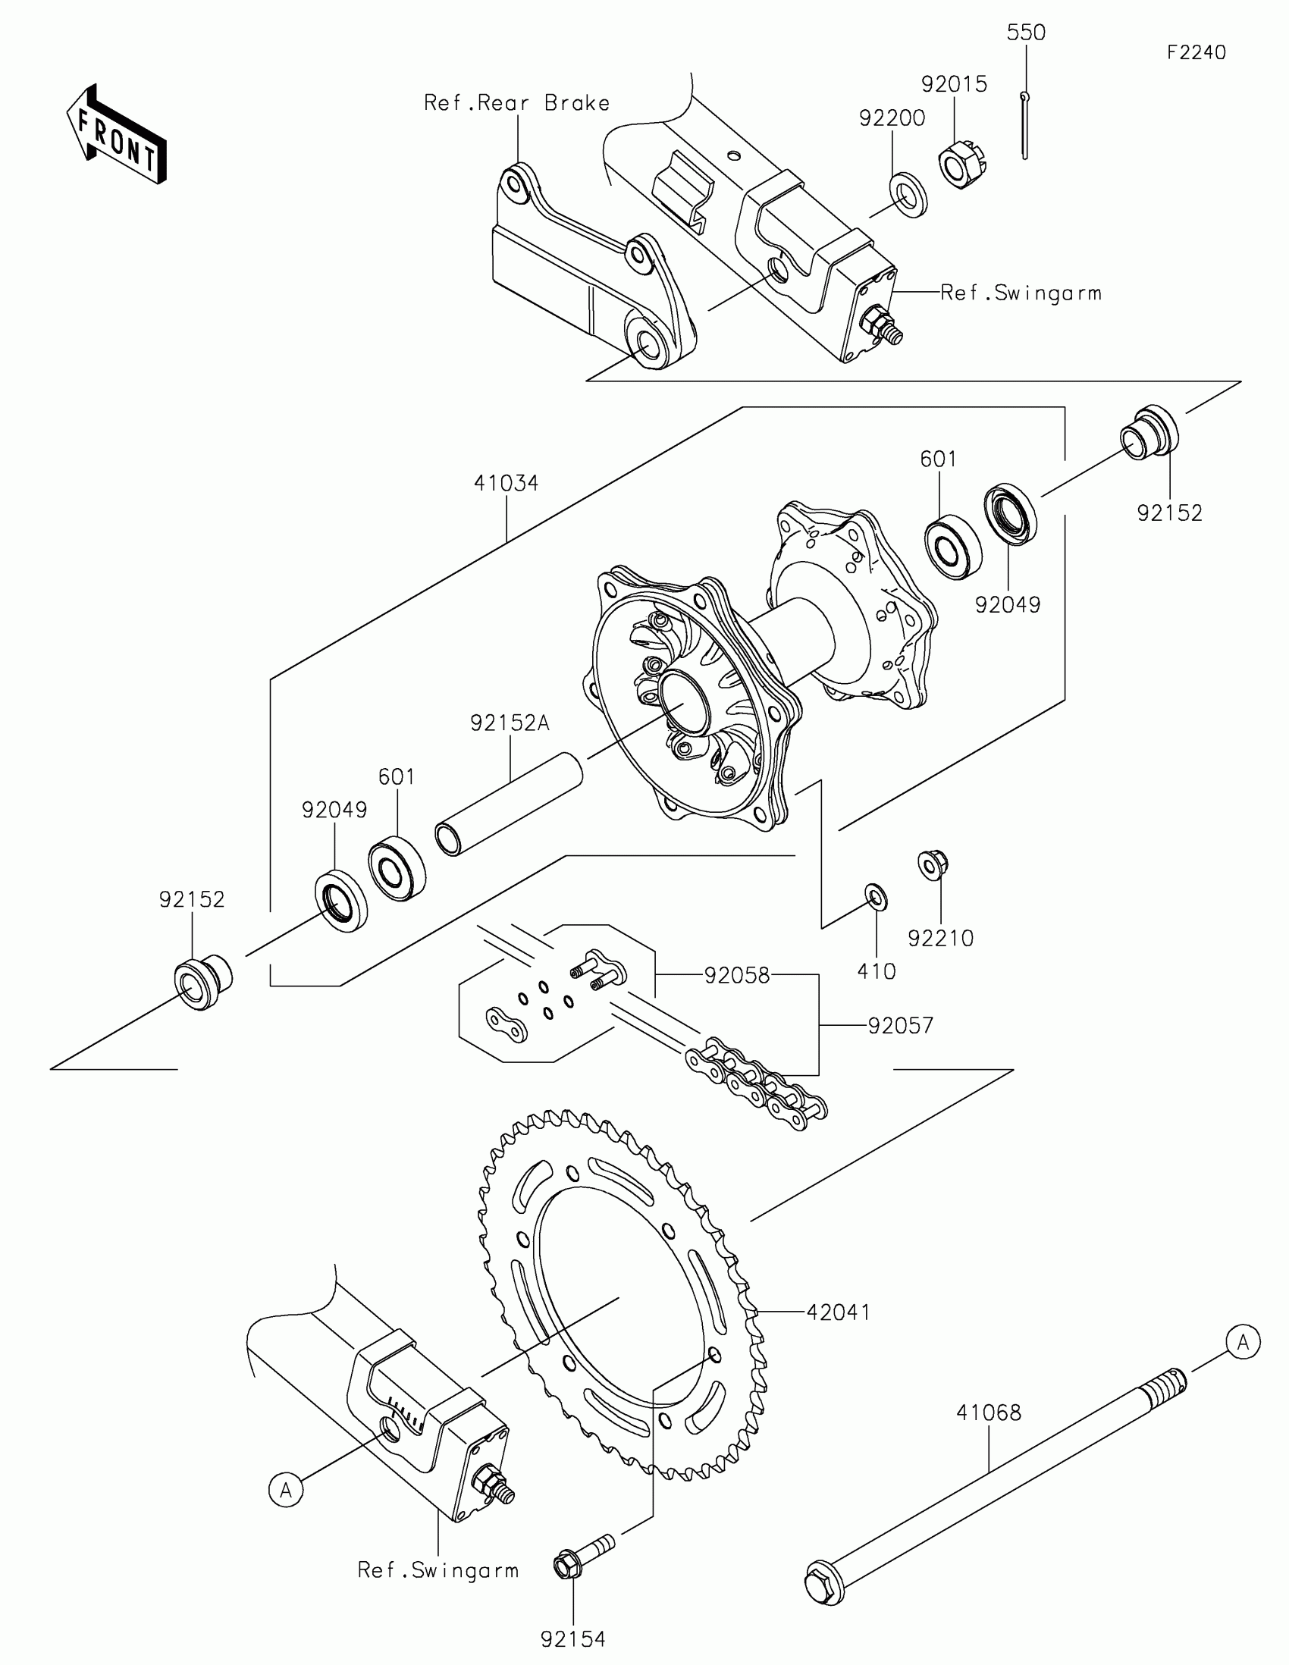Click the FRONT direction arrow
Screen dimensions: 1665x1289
116,134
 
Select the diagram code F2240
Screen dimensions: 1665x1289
1195,52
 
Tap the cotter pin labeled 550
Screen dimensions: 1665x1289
1024,125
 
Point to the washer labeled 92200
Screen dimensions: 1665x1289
908,195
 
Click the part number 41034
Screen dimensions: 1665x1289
506,483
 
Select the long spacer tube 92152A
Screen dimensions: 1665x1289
510,804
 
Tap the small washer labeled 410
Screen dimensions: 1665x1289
876,896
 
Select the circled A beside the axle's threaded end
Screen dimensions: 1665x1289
1244,1341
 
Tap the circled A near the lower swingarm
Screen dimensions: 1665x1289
286,1489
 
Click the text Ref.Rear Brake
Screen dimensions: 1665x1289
517,104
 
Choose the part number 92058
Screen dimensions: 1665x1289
736,975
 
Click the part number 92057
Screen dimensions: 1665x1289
900,1025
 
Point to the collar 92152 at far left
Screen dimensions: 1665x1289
202,984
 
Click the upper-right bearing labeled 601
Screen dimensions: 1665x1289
952,546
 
